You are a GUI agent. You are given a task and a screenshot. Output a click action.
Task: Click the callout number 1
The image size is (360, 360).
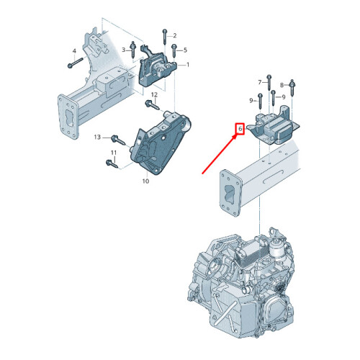point(188,65)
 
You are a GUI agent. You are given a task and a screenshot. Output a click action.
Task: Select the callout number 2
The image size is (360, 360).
point(175,36)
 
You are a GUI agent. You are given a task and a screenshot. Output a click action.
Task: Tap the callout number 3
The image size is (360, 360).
point(124,50)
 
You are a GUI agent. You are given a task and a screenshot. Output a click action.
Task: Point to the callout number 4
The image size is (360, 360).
point(74,51)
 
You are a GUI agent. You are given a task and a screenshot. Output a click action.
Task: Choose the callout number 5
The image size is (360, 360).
point(185,50)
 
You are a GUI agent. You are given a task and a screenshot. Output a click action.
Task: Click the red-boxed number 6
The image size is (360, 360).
point(240,129)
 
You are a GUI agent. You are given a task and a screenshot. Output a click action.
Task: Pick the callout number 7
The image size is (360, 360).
point(260,82)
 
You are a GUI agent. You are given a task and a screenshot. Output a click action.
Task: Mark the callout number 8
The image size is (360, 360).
point(282,85)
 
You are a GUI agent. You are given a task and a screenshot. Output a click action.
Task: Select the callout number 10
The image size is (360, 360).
point(145,181)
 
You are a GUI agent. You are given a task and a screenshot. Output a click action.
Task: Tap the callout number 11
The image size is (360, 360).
point(114,153)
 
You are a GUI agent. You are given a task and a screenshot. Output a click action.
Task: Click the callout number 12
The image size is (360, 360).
point(154,95)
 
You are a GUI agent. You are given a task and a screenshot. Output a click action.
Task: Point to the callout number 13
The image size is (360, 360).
point(97,137)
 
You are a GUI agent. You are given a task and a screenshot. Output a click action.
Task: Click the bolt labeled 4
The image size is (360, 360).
point(75,62)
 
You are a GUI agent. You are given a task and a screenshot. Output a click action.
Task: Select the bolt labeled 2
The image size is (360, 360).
point(165,37)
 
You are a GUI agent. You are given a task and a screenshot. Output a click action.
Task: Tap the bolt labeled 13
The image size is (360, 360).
point(118,140)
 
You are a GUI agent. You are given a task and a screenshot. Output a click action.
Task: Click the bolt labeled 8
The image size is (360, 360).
point(292,87)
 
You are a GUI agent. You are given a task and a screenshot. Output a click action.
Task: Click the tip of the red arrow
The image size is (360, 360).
point(237,135)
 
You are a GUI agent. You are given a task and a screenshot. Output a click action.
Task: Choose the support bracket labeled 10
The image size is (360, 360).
point(161,143)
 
